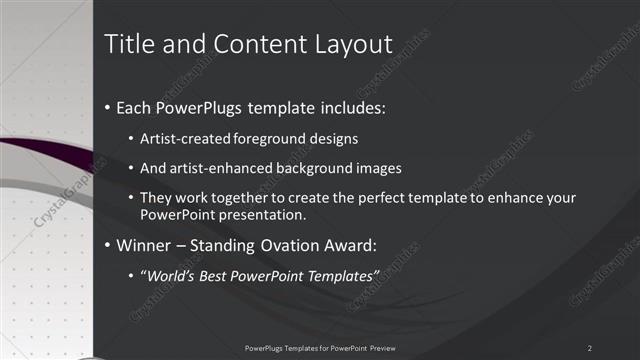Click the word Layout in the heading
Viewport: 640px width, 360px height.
point(355,44)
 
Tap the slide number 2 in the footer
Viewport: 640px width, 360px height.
point(590,347)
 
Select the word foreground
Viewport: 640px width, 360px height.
point(269,138)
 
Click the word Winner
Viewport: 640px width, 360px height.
point(145,244)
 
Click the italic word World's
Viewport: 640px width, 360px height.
point(170,275)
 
